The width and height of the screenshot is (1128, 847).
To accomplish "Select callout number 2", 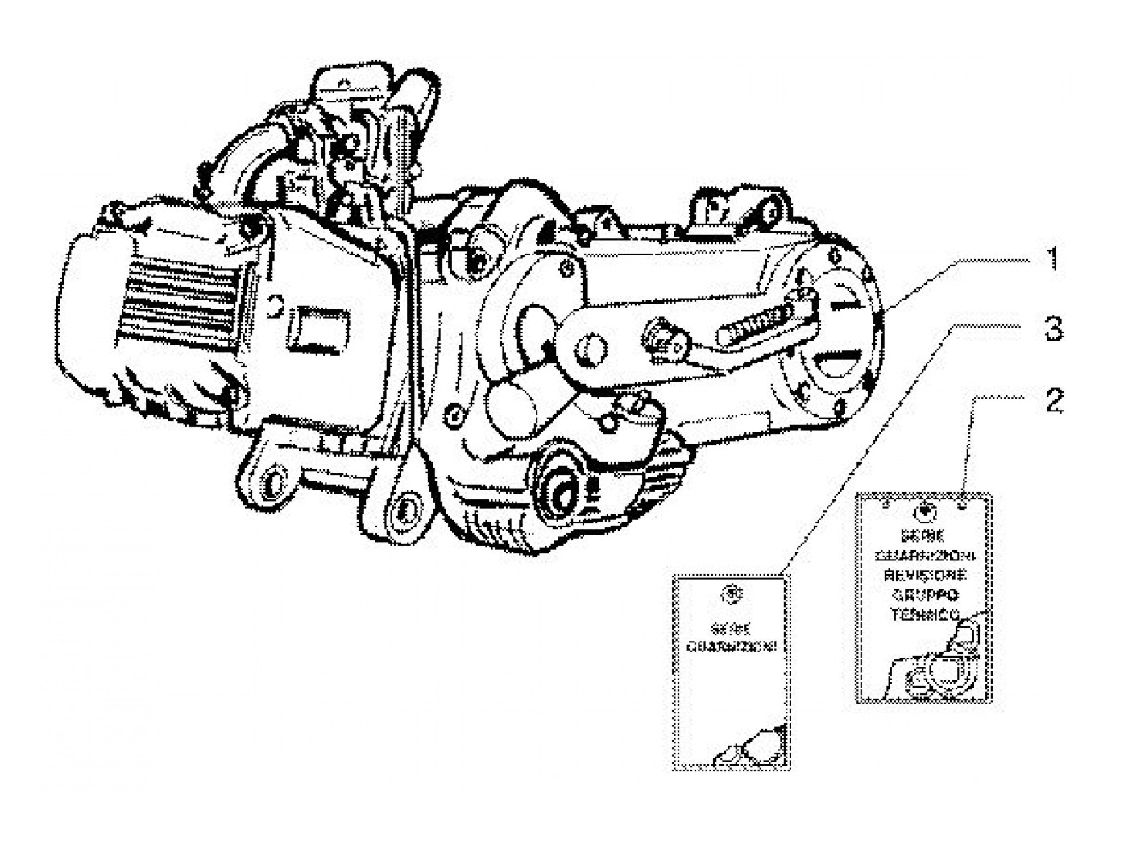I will point(1053,400).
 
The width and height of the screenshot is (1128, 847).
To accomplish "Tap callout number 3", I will point(1053,329).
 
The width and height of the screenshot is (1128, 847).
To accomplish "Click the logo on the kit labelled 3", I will point(732,593).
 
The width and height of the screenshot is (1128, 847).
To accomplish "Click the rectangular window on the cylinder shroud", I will point(318,328).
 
